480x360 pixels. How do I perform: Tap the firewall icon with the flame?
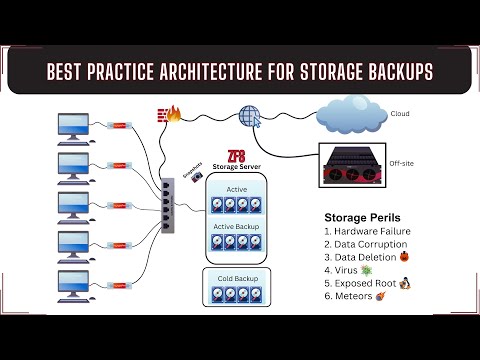[168, 114]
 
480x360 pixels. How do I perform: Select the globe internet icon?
[248, 116]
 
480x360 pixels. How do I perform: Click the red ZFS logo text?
[236, 156]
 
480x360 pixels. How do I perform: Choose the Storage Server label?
[237, 170]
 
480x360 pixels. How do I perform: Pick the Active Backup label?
[238, 226]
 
